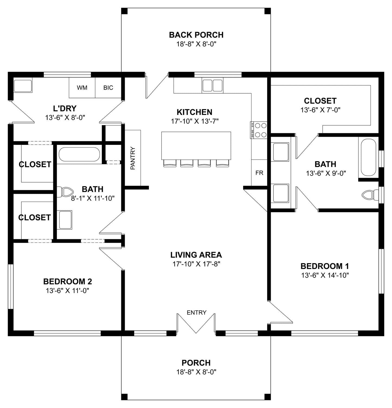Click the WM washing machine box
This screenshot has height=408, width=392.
[x=82, y=88]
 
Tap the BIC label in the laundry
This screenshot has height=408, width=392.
[x=108, y=88]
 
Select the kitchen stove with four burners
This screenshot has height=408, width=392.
[x=259, y=130]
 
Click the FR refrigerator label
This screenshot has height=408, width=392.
[x=259, y=173]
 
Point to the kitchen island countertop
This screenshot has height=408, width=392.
[x=196, y=146]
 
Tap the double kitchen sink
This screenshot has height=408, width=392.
[x=212, y=85]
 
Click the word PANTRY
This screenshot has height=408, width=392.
[x=133, y=158]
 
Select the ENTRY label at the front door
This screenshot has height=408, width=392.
[x=197, y=313]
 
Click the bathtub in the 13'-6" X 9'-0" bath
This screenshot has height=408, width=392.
[x=368, y=157]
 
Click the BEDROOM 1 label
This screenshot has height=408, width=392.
[x=325, y=266]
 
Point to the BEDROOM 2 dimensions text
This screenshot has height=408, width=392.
[x=68, y=291]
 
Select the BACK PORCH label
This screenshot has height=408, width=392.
[x=196, y=35]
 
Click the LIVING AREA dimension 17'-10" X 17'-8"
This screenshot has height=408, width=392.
[x=196, y=264]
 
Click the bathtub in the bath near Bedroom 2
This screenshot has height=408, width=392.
[x=79, y=154]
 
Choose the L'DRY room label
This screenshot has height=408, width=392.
[x=65, y=108]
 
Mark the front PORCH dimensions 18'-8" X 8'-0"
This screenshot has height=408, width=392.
[x=196, y=372]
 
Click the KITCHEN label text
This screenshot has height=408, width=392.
[x=195, y=112]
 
